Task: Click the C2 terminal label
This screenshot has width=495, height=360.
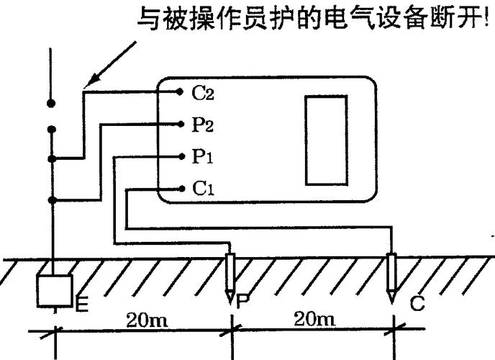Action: (x=203, y=94)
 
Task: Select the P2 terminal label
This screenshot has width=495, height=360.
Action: (x=203, y=125)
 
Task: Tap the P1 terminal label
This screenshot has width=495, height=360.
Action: (x=203, y=156)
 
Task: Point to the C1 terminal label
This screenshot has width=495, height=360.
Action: (x=203, y=189)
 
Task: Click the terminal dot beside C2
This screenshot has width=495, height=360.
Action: (x=180, y=92)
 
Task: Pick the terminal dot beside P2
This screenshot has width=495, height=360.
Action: (x=181, y=124)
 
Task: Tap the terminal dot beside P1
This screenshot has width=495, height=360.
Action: (x=182, y=156)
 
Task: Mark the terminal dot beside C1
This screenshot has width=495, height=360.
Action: (x=181, y=189)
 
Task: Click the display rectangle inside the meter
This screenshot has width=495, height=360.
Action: (x=327, y=140)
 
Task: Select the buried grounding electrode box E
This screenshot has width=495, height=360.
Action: (x=54, y=291)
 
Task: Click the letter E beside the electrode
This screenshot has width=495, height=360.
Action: (x=82, y=303)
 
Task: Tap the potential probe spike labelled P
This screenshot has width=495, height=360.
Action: (x=230, y=278)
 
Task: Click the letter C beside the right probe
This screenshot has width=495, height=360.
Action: (x=417, y=303)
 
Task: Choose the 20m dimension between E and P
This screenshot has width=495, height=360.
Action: (x=147, y=320)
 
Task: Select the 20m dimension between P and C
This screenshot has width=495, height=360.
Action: (x=314, y=319)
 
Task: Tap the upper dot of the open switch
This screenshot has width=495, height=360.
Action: (x=51, y=103)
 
